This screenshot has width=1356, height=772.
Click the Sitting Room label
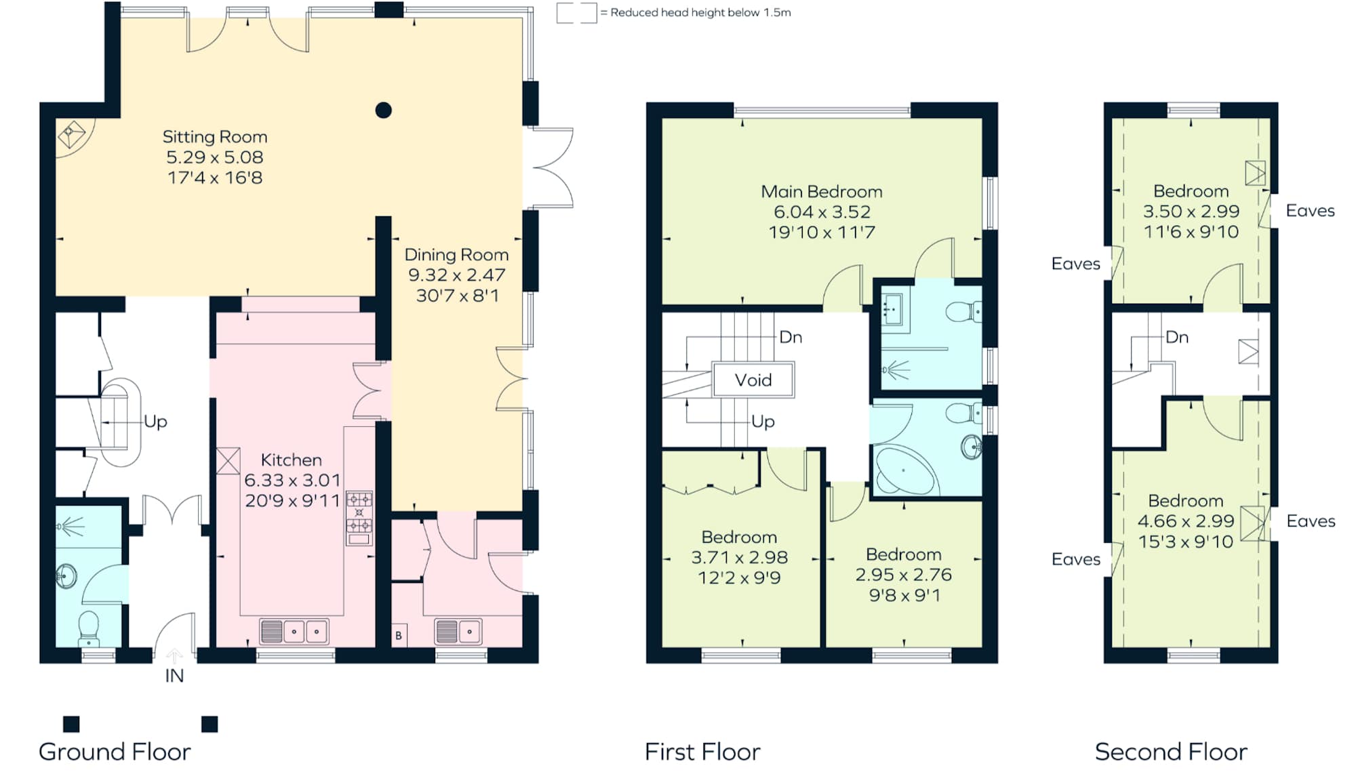coord(215,137)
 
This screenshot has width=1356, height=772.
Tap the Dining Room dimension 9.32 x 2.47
coord(456,275)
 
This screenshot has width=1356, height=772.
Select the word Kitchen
coord(292,460)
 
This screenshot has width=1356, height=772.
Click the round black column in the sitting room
coord(384,110)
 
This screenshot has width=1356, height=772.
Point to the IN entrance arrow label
coord(174,676)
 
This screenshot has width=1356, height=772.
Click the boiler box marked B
coord(399,635)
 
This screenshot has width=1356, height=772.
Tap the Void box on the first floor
coord(753,380)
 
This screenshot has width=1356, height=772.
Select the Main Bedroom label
coord(822,192)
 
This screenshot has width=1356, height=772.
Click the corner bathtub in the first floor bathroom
coord(904,472)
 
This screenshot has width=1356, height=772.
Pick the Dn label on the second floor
coord(1177,338)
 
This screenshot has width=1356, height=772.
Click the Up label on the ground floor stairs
coord(155,422)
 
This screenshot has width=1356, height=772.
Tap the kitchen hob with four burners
coord(359,512)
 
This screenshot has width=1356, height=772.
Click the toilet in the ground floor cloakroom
coord(89,626)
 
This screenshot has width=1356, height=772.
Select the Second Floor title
coord(1171,752)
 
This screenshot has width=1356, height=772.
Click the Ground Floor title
coord(115,752)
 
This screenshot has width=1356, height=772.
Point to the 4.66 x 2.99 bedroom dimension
coord(1186,521)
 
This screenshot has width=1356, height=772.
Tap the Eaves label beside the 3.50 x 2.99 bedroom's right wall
coord(1310,211)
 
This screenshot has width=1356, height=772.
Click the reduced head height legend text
coord(700,13)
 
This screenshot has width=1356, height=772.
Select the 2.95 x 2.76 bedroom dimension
coord(903,575)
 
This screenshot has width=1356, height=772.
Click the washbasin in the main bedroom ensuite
coord(893,310)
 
